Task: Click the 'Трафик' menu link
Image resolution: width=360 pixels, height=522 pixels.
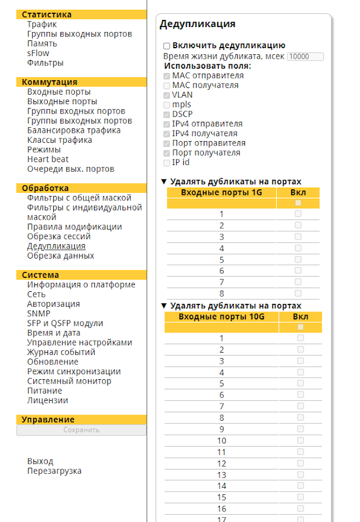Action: tap(42, 24)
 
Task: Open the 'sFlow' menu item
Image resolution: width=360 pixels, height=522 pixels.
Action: tap(38, 53)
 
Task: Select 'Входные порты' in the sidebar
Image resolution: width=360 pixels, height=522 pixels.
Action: tap(59, 92)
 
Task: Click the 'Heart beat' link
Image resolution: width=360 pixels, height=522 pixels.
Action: tap(48, 159)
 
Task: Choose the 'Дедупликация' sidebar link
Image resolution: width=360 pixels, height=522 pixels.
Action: tap(56, 246)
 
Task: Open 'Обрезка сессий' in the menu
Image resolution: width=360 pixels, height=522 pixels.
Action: tap(59, 236)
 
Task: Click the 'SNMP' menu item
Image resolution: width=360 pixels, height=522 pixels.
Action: tap(38, 314)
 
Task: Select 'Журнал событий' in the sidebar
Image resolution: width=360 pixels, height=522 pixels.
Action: tap(61, 352)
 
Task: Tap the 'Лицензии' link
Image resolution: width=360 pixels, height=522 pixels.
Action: tap(48, 400)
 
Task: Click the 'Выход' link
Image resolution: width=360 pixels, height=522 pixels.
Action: tap(40, 461)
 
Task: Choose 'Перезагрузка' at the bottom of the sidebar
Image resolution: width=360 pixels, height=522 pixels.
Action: tap(54, 471)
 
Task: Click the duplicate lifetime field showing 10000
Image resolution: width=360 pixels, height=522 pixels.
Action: tap(305, 56)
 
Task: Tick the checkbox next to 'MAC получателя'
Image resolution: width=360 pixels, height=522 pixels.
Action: tap(167, 85)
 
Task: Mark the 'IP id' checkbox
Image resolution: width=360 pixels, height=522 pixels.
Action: tap(167, 163)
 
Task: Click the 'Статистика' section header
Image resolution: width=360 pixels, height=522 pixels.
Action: tap(47, 15)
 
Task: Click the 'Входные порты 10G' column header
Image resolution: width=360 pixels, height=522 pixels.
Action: tap(222, 317)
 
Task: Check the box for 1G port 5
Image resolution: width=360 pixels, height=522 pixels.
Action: tap(298, 259)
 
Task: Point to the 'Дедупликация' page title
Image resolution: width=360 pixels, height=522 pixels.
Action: tap(197, 24)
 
